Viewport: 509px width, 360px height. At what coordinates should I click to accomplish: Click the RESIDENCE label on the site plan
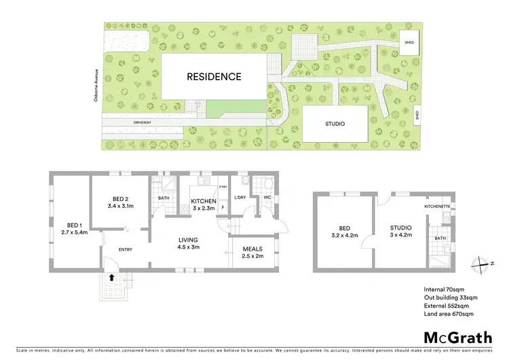[x=214, y=77]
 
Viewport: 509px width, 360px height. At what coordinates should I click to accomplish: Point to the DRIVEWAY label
[x=143, y=124]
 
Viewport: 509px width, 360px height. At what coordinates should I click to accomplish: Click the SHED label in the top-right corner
[x=409, y=42]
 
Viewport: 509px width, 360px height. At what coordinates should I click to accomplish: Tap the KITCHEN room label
[x=204, y=201]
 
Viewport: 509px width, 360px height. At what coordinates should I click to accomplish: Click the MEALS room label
[x=252, y=249]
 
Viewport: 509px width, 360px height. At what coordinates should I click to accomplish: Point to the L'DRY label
[x=239, y=197]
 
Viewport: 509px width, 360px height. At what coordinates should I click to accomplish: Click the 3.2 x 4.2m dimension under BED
[x=344, y=236]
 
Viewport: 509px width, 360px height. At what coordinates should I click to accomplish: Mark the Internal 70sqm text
[x=442, y=290]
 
